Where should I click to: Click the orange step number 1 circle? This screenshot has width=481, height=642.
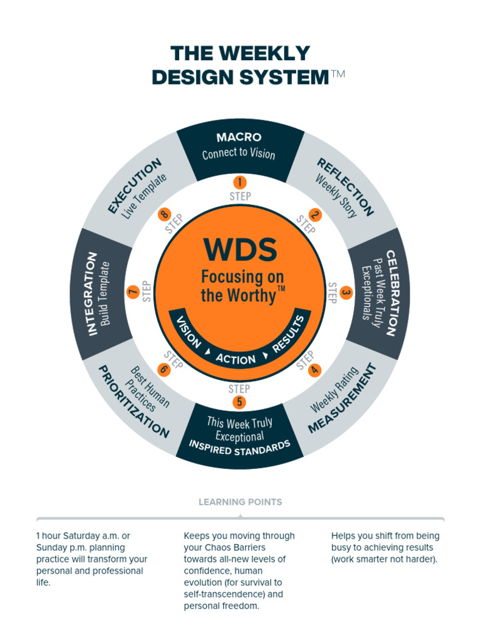pos(239,182)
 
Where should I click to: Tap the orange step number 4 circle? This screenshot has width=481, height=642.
pos(315,370)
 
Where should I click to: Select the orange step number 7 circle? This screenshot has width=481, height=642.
pos(133,292)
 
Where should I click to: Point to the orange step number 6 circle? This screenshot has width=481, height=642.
pos(163,369)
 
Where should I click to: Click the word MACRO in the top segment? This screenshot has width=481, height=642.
pos(239,137)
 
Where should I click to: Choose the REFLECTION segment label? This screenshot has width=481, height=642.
pos(345,187)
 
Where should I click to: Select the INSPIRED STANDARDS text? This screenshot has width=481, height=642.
pos(240,448)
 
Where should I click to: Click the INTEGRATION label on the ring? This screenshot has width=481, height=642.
pos(92,293)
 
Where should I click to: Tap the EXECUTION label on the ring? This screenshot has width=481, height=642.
pos(134,186)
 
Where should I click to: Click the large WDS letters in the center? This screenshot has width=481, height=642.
pos(240,250)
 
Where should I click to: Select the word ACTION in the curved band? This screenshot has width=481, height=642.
pos(235,359)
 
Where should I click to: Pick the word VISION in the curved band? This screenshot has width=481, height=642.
pos(189,332)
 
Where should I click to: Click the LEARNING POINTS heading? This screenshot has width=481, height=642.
pos(240,502)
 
